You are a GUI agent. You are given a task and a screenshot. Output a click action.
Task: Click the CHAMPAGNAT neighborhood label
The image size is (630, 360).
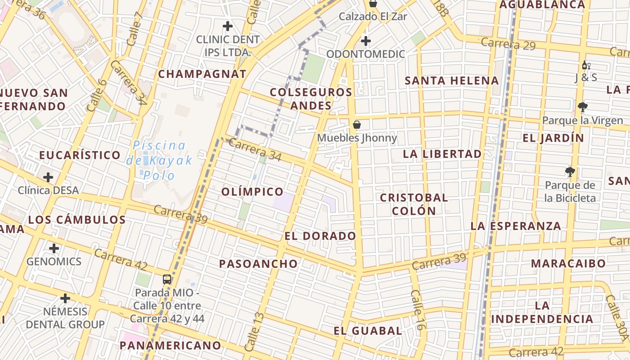[202, 74]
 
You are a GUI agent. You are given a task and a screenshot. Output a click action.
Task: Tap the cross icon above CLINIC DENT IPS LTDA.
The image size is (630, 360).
[228, 26]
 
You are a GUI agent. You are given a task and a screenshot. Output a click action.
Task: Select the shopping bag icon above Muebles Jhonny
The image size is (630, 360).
[357, 124]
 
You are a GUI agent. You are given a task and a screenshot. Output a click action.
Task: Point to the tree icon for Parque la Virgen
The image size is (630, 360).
[583, 107]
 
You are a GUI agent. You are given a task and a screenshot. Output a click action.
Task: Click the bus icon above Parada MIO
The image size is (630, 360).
[166, 279]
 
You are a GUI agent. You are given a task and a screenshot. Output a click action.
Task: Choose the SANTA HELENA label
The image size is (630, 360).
[452, 81]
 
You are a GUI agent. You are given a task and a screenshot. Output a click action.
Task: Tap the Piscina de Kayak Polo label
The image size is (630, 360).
[160, 160]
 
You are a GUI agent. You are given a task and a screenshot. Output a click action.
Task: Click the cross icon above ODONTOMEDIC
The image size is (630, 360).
[365, 41]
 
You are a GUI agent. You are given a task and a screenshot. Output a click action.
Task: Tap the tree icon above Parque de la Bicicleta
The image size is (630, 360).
[570, 172]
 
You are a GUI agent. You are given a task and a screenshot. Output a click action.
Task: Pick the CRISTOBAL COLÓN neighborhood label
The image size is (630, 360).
[414, 204]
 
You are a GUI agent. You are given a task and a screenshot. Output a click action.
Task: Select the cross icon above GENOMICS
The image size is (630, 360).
[54, 248]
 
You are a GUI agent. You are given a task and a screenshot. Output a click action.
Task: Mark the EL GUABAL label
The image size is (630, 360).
[368, 331]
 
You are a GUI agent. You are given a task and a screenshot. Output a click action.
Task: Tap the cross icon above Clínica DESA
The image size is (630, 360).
[48, 177]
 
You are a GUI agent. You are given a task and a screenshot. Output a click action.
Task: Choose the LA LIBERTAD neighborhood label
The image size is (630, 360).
[442, 154]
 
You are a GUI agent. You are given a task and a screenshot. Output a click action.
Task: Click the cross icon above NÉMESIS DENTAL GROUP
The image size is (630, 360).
[65, 298]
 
